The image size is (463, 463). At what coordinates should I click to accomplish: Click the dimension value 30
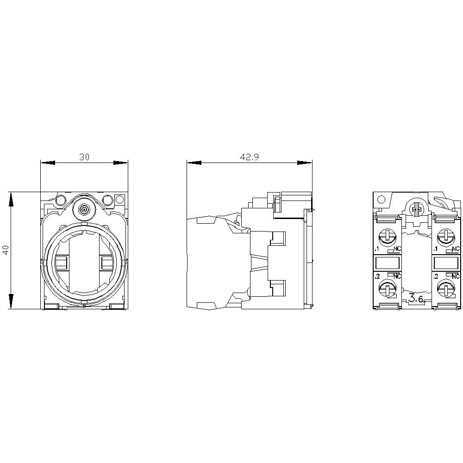(x=84, y=157)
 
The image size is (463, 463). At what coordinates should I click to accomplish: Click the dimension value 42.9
(x=249, y=157)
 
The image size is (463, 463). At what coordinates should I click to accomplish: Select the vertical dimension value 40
(x=6, y=250)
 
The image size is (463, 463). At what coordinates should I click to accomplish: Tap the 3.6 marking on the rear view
(x=416, y=300)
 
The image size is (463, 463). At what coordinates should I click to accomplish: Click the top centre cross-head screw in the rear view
(x=415, y=210)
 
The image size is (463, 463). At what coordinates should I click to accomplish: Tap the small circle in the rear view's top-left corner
(x=381, y=200)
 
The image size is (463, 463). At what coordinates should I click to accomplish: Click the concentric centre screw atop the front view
(x=84, y=210)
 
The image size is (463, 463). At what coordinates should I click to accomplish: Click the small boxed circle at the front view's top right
(x=119, y=200)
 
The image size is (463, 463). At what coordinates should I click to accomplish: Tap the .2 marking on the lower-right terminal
(x=436, y=276)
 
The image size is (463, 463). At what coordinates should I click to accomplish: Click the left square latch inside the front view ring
(x=61, y=264)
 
